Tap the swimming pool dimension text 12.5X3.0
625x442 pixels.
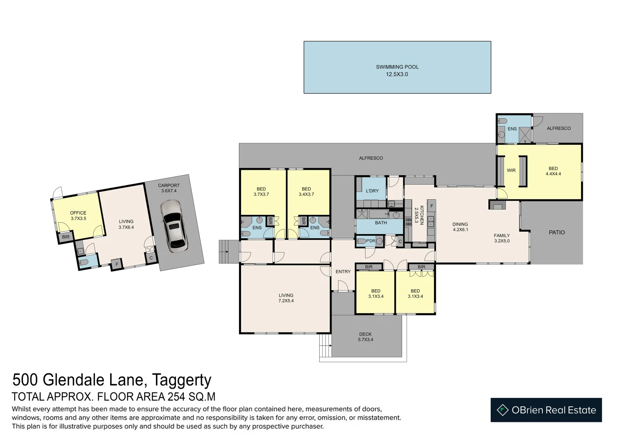point(397,74)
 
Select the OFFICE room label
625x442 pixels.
point(78,213)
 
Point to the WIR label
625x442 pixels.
point(511,171)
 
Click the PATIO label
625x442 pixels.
point(557,232)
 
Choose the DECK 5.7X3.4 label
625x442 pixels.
point(366,337)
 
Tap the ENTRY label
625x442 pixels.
point(343,271)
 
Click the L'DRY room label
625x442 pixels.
point(372,191)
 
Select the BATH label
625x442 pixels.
point(381,223)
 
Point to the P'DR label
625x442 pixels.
point(370,241)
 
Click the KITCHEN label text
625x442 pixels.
point(422,215)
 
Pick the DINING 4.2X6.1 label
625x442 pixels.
point(460,227)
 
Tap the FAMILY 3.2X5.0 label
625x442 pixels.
point(502,238)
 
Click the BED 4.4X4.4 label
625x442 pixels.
point(553,171)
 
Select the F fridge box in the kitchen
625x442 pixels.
point(432,206)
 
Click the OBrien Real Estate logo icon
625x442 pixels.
point(503,410)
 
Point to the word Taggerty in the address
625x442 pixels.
point(182,380)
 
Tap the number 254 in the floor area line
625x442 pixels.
point(175,397)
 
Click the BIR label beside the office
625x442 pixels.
point(66,237)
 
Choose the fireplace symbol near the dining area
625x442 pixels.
point(497,205)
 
